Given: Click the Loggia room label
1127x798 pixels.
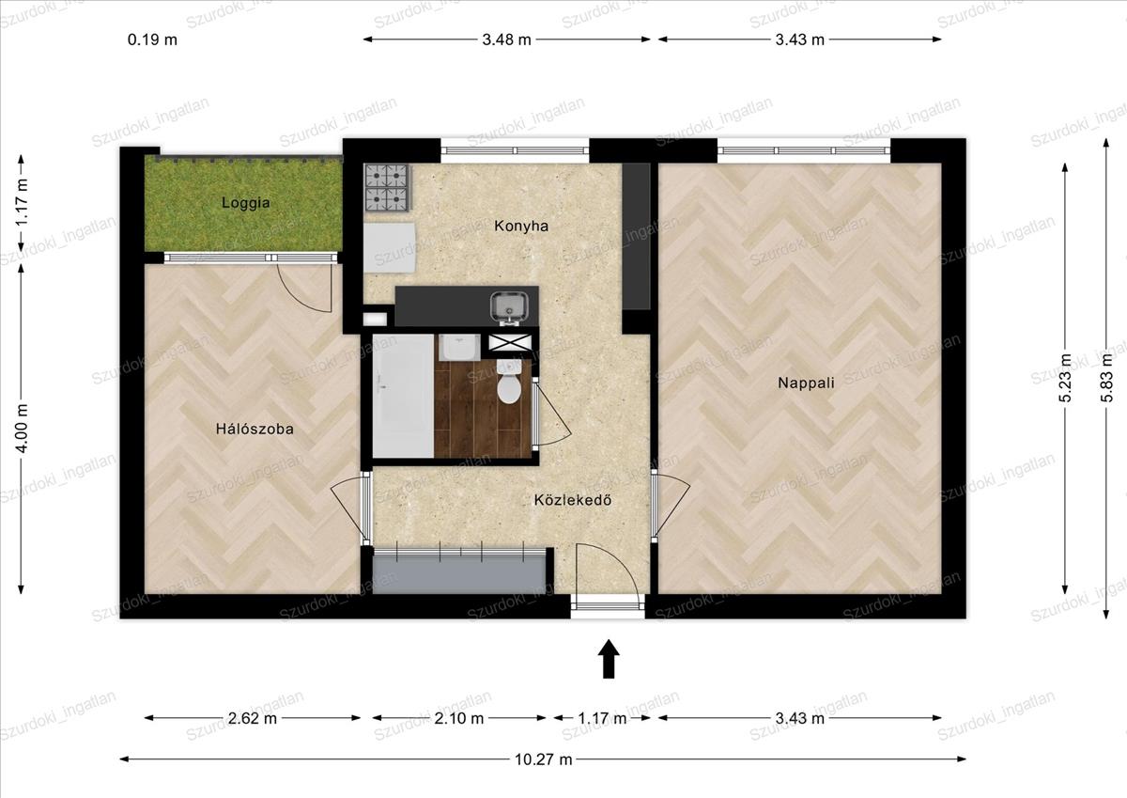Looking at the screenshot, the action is click(245, 203).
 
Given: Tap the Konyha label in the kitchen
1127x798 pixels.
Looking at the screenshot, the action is click(521, 227).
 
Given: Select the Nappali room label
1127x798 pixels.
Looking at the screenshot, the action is click(806, 383).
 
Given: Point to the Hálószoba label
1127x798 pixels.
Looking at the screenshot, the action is click(255, 429).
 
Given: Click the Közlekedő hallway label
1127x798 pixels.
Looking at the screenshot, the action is click(573, 500).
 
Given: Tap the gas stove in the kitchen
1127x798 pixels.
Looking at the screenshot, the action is click(387, 187).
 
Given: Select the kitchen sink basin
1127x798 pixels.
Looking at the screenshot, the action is click(509, 306).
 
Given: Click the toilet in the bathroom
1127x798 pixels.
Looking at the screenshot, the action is click(509, 382).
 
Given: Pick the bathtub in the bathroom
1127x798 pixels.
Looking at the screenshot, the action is click(403, 396).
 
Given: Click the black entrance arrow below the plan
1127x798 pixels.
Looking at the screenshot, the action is click(609, 659).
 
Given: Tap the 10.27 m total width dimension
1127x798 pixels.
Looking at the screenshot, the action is click(544, 759).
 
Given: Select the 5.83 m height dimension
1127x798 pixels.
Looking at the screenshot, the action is click(1106, 378).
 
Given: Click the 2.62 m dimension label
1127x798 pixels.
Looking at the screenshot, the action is click(252, 718).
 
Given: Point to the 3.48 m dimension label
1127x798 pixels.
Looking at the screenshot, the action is click(506, 39).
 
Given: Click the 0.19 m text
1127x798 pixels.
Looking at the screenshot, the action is click(152, 39).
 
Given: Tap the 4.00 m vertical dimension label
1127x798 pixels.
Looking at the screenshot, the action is click(23, 429).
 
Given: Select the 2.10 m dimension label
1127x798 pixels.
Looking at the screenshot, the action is click(459, 718).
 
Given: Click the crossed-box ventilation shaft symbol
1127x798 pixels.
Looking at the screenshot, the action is click(510, 343).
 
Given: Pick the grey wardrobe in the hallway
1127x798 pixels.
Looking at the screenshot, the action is click(459, 571).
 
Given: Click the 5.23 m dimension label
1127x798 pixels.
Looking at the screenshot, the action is click(1065, 378).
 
